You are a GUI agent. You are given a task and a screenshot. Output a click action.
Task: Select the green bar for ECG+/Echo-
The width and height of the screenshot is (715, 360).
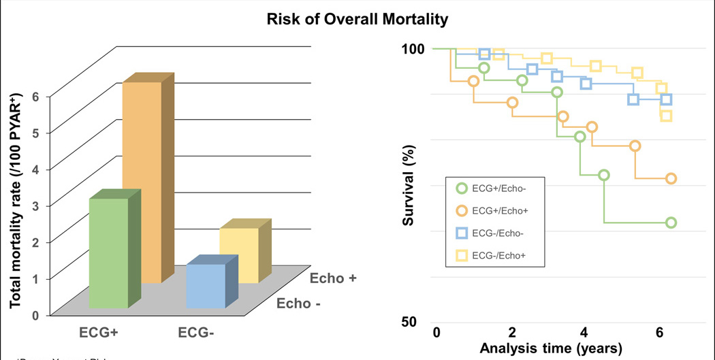click(x=108, y=253)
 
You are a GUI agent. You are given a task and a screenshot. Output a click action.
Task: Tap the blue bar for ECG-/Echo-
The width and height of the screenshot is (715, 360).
click(x=206, y=286)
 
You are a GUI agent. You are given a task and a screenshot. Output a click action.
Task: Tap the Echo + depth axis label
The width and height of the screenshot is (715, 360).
click(x=334, y=278)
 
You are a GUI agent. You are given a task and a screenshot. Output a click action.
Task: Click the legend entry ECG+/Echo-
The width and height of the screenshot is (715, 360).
click(x=503, y=189)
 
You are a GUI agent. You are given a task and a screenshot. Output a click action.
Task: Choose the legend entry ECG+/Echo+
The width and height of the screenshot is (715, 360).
click(x=503, y=211)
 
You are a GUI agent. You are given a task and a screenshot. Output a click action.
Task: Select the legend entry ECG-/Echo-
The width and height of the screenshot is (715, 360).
click(x=503, y=233)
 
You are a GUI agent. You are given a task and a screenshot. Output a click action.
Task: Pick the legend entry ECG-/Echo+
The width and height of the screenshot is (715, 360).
click(x=503, y=255)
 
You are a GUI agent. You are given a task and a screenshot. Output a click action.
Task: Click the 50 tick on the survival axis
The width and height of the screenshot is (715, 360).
click(x=415, y=321)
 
